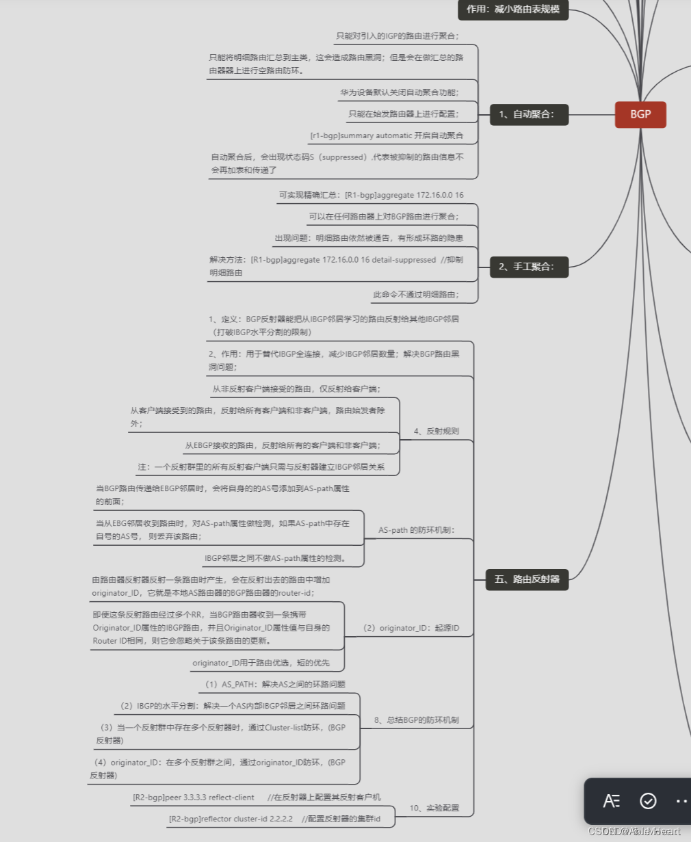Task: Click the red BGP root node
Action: tap(640, 114)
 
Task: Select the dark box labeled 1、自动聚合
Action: tap(529, 114)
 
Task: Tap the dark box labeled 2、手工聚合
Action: tap(529, 267)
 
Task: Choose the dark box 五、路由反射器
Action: tap(527, 579)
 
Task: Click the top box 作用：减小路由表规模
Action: tap(513, 10)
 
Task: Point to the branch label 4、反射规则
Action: tap(436, 432)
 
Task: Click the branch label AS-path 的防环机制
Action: tap(416, 530)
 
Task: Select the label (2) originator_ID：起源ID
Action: tap(410, 628)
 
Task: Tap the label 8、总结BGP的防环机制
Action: tap(416, 720)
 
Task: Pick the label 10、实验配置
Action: tap(434, 808)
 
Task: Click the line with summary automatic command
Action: tap(387, 135)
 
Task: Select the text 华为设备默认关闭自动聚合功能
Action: tap(400, 92)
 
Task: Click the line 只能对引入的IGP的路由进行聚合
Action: tap(397, 36)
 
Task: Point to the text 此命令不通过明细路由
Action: tap(416, 295)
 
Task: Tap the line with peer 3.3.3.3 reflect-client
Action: tap(257, 798)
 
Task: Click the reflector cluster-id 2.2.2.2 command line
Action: tap(274, 819)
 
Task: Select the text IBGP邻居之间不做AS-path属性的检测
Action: tap(276, 558)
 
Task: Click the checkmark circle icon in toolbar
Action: tap(647, 800)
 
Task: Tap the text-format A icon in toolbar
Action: tap(611, 800)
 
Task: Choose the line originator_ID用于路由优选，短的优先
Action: tap(261, 663)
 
